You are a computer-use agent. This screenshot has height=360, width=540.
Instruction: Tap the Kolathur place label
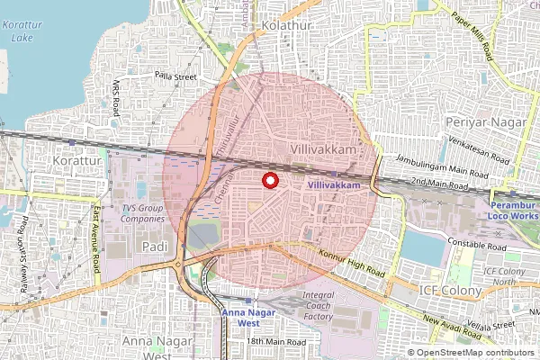click(x=288, y=26)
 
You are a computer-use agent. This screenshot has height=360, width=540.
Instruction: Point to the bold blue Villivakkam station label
click(x=340, y=184)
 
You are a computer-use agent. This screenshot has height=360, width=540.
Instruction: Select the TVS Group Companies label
click(x=143, y=213)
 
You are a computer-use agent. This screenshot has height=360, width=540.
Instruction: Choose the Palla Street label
click(x=175, y=77)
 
